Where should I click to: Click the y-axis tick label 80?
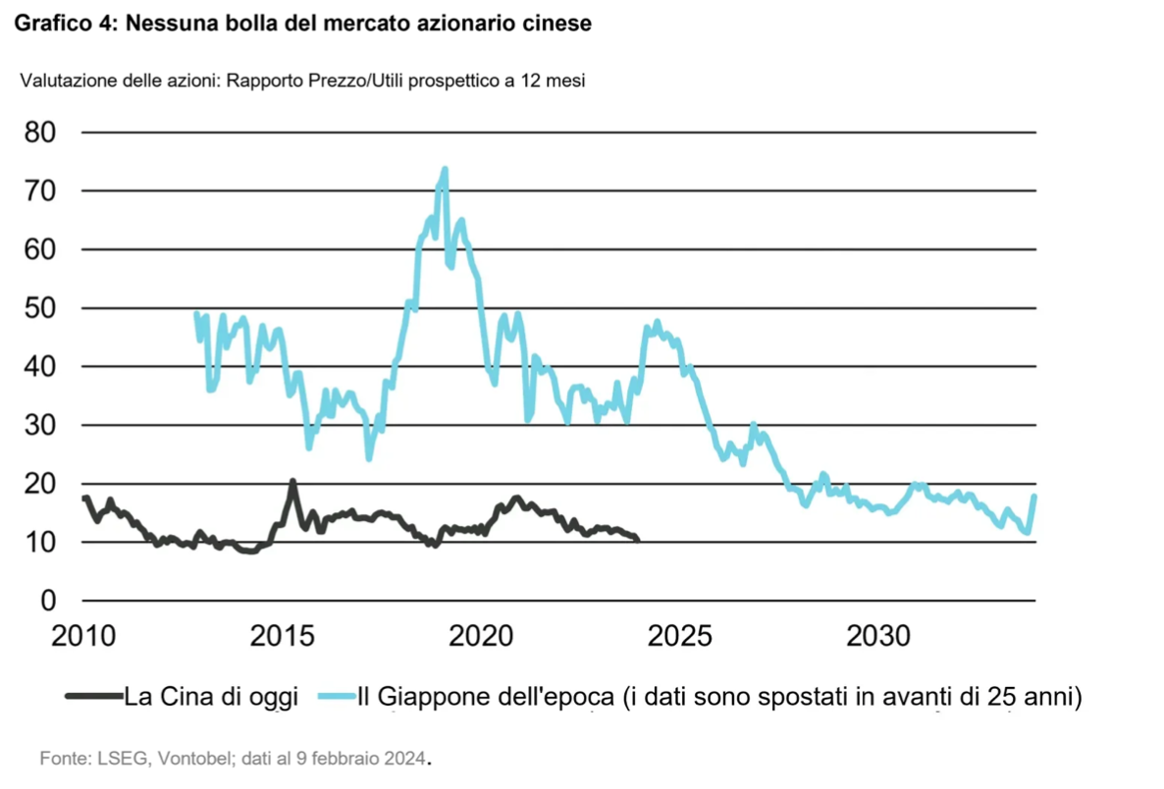point(41,132)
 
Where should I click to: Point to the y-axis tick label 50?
point(41,308)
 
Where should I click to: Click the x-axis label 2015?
point(285,636)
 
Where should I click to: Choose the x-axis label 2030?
point(878,636)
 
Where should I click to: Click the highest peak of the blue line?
point(445,169)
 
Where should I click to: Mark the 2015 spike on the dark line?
point(292,481)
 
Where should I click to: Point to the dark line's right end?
point(638,540)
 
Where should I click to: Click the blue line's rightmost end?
point(1034,496)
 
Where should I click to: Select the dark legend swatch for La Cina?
point(93,698)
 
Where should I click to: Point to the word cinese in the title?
point(558,24)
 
